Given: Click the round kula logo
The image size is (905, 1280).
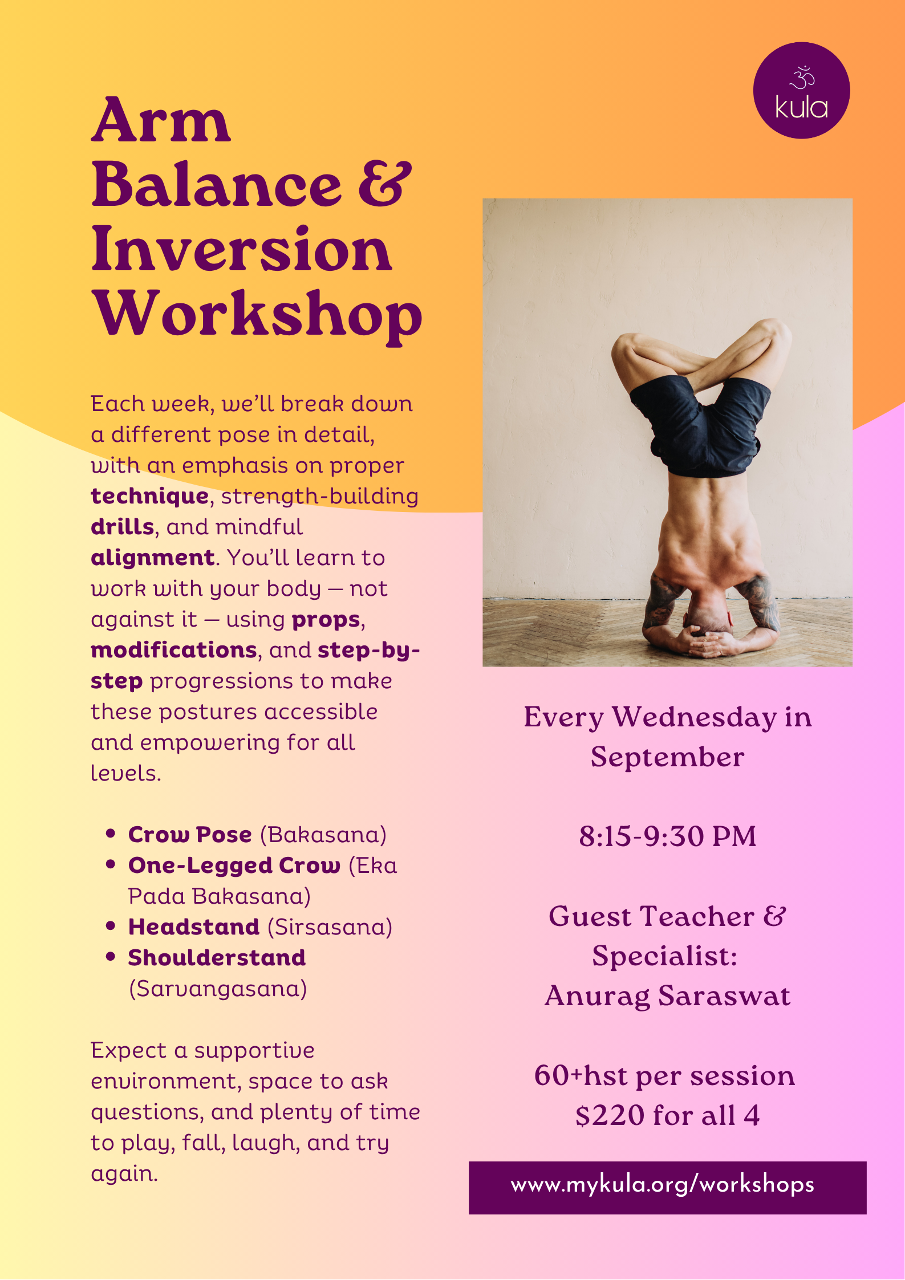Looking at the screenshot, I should point(801,91).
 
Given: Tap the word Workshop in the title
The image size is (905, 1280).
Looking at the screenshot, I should point(258,315).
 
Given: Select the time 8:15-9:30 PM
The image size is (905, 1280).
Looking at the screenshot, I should point(667,836).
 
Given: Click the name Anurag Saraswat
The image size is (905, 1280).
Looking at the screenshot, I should point(667,996).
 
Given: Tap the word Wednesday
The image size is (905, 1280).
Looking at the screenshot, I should point(694,717).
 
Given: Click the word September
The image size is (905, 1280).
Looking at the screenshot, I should point(667,757).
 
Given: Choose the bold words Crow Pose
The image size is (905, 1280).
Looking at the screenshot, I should point(190,835).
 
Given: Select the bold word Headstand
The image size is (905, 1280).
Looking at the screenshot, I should point(194,927).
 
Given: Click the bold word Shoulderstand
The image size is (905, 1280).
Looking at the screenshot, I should point(217,958).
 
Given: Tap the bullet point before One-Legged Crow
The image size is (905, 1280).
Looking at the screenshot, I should point(111,865).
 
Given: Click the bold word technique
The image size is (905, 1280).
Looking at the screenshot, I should point(150,497).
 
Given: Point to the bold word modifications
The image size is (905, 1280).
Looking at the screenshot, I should point(174,651).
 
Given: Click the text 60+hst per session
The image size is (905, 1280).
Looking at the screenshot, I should point(664,1076).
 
